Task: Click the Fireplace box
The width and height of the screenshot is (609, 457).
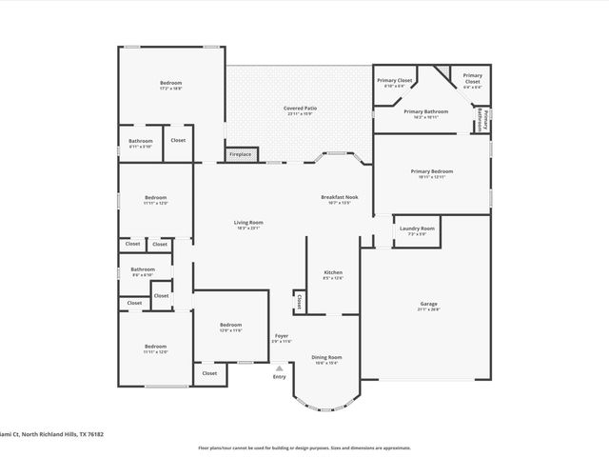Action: tap(240, 154)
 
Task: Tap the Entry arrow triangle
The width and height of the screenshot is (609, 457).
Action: tap(279, 368)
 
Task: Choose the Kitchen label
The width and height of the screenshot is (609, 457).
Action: tap(332, 274)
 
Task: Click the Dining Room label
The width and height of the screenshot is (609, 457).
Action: tap(326, 359)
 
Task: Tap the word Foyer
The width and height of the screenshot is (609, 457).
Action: tap(282, 337)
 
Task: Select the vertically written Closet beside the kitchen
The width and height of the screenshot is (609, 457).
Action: tap(299, 302)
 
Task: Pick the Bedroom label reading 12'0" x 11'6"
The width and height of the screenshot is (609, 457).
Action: tap(231, 327)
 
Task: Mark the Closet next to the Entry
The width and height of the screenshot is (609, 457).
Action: tap(209, 373)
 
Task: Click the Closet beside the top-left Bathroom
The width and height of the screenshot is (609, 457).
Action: tap(178, 141)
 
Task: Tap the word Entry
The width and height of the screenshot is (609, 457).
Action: tap(279, 377)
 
